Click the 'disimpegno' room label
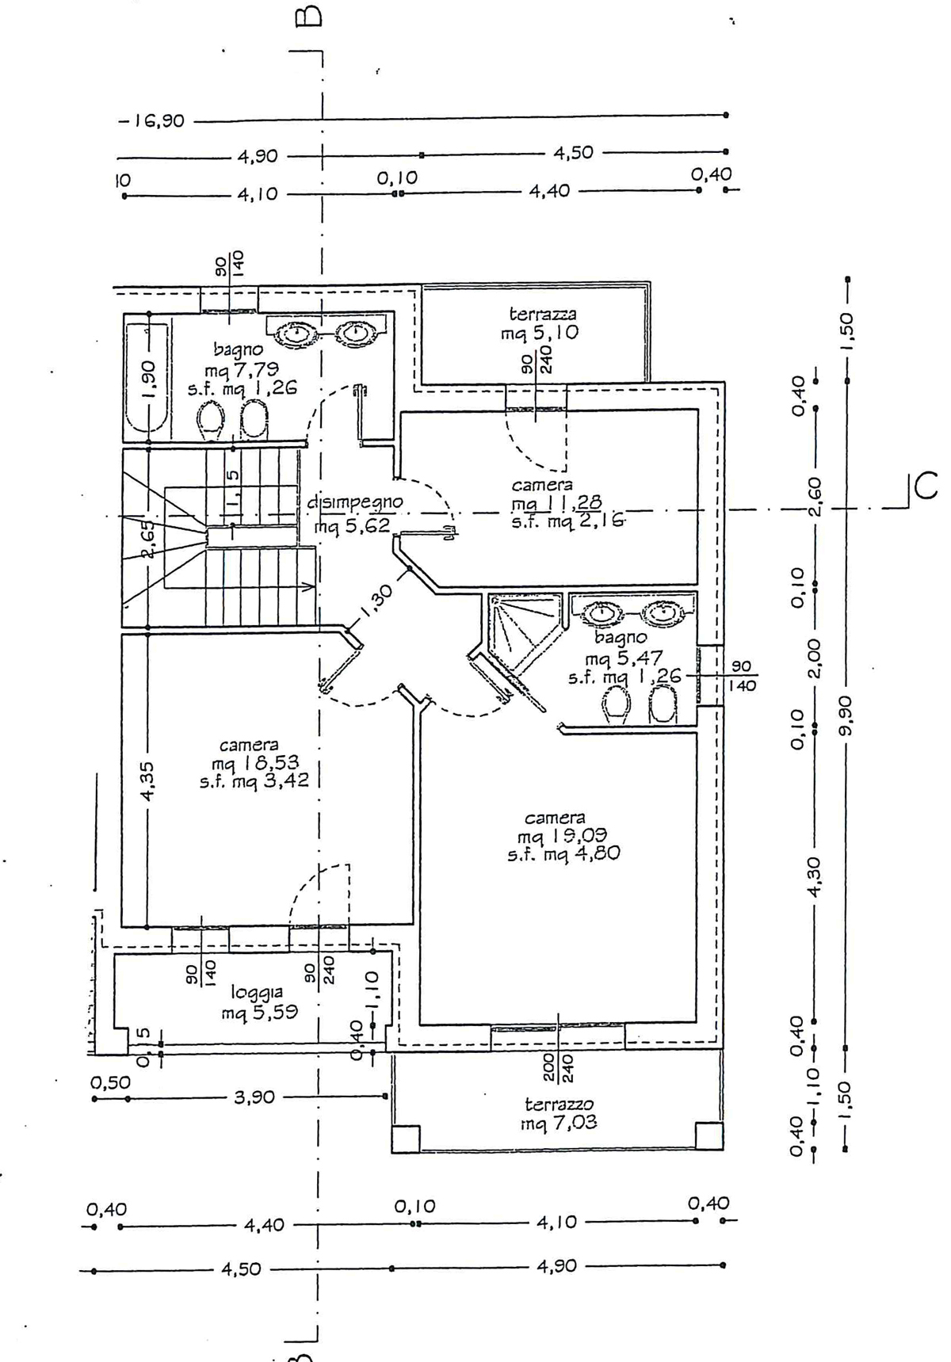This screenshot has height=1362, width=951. pyautogui.click(x=355, y=502)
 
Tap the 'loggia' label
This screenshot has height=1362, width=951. pyautogui.click(x=257, y=991)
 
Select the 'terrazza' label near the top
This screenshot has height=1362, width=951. pyautogui.click(x=543, y=315)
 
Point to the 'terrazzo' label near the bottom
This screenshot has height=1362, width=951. pyautogui.click(x=559, y=1104)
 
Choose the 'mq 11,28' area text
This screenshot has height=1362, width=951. pyautogui.click(x=556, y=502)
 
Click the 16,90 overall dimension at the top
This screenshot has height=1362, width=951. pyautogui.click(x=151, y=121)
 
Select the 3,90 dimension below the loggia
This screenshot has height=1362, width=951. pyautogui.click(x=254, y=1097)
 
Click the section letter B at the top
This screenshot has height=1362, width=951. pyautogui.click(x=309, y=17)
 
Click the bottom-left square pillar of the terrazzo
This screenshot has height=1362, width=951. pyautogui.click(x=406, y=1137)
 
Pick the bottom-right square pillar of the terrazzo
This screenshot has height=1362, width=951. pyautogui.click(x=708, y=1135)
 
